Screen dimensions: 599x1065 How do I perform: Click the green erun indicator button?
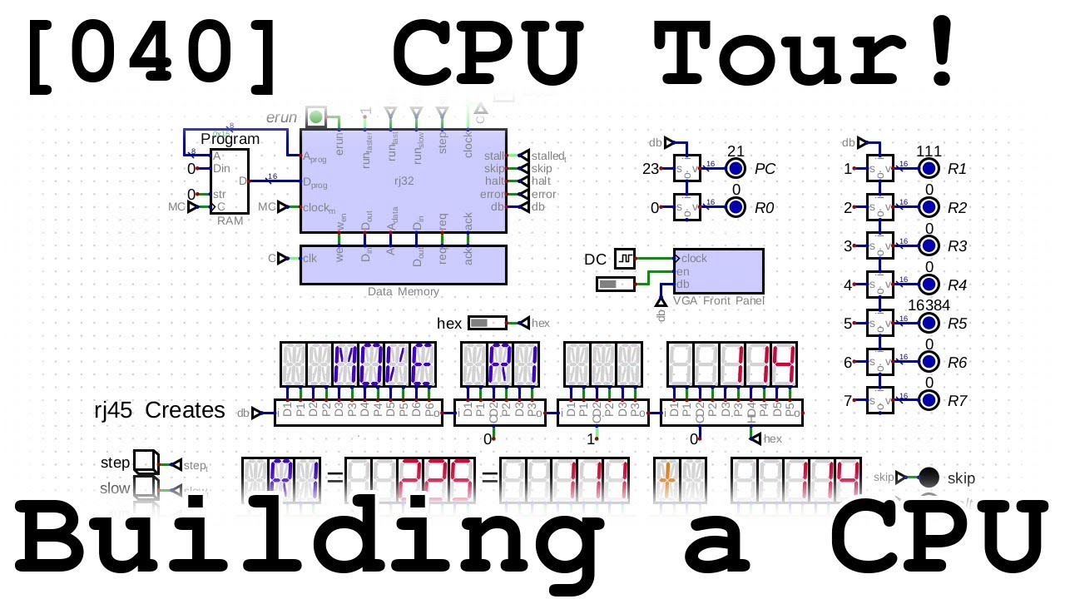coord(315,117)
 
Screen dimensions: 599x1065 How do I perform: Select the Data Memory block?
coord(403,265)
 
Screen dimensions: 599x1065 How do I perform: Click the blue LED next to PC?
coord(736,169)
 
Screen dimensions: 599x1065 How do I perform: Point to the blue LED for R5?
coord(929,324)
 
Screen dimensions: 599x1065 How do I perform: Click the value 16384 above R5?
coord(929,304)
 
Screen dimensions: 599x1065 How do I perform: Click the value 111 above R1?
coord(929,151)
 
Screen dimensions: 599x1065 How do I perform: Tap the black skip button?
coord(929,478)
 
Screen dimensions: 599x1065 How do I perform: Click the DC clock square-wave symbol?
coord(625,260)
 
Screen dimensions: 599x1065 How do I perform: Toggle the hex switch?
coord(487,323)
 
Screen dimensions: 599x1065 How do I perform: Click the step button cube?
coord(146,463)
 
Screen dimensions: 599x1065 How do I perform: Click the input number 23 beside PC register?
coord(651,169)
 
